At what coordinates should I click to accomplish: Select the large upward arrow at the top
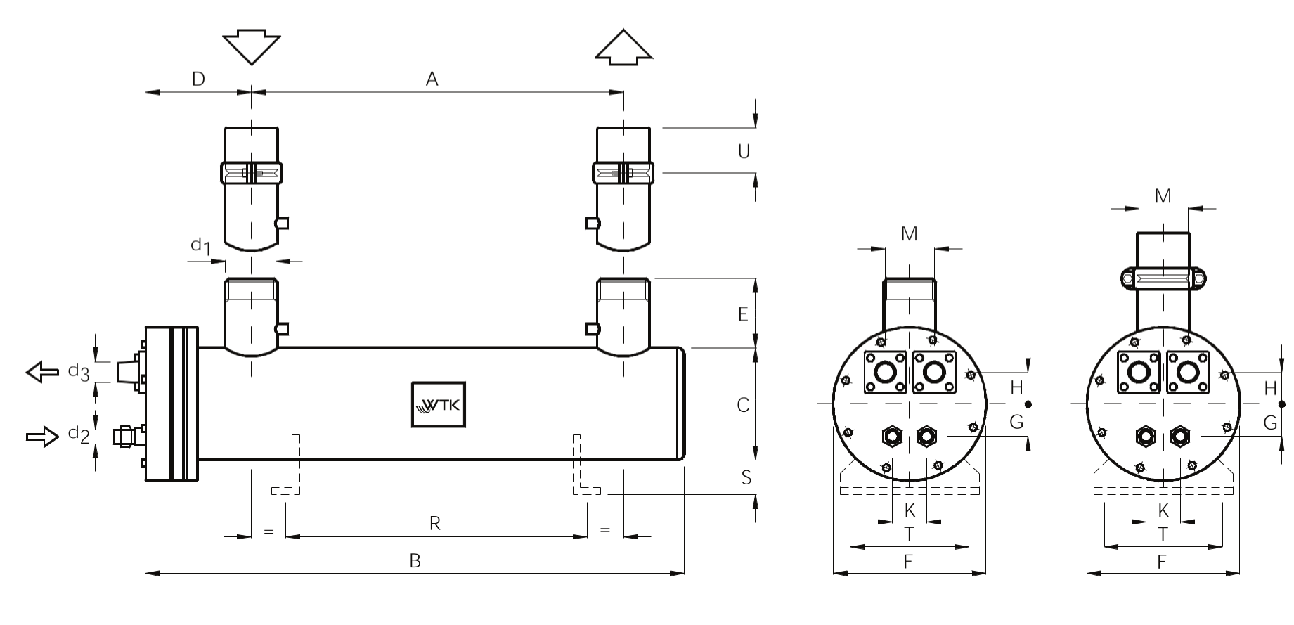point(623,48)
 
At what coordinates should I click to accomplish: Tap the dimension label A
point(432,79)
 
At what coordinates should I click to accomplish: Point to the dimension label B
point(415,561)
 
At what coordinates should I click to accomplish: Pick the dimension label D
point(198,79)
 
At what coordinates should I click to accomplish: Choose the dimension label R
point(435,524)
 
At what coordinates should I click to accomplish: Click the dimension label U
point(744,151)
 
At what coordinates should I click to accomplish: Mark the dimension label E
point(743,314)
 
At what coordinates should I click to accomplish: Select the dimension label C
point(743,405)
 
